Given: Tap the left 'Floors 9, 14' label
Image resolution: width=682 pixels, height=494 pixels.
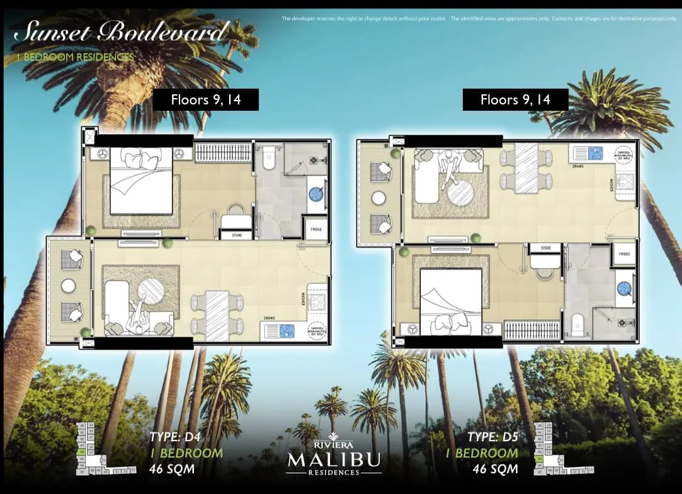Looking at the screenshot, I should [206, 99].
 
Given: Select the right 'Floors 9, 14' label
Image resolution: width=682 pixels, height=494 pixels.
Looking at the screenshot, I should [515, 99].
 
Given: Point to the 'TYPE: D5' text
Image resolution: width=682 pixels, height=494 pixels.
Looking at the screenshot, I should [493, 437].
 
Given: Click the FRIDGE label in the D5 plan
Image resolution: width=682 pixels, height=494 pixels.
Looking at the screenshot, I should [624, 254].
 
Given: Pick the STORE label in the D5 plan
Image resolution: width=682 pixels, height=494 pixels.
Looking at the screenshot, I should [545, 248].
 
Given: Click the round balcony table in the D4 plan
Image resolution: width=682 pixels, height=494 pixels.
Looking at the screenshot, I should [69, 286].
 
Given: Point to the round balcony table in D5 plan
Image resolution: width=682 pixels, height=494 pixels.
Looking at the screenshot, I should [379, 198].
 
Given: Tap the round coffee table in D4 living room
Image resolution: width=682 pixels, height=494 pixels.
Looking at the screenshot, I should [151, 291].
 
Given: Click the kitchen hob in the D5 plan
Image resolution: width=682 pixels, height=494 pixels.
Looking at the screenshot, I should [625, 182].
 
